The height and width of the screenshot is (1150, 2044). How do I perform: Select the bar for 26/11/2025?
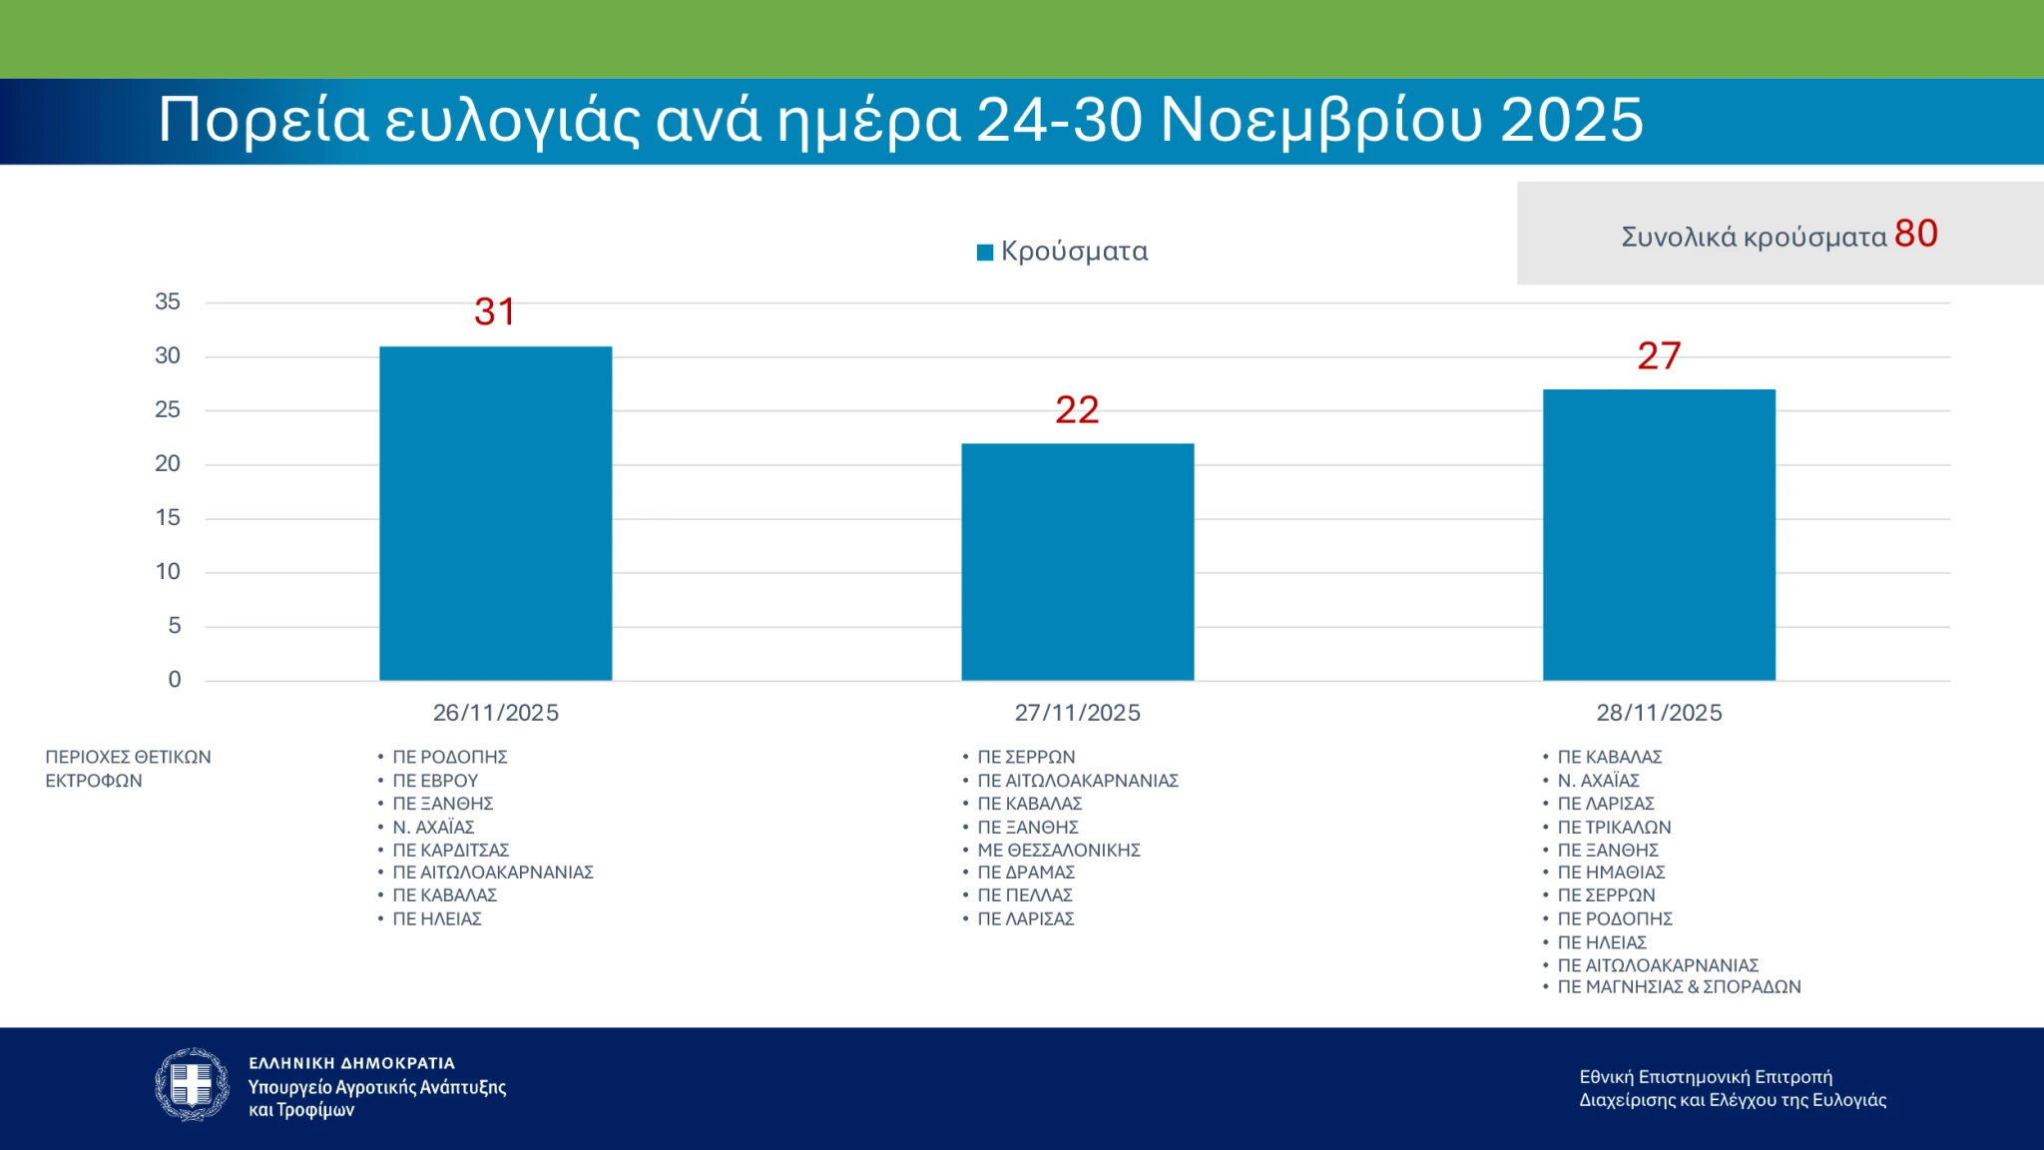point(495,513)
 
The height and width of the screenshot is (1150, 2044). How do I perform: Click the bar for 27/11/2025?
point(1077,562)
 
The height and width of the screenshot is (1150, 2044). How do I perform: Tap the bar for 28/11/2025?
point(1659,535)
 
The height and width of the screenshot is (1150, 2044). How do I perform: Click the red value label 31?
point(495,311)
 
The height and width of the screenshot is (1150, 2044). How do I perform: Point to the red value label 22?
point(1077,409)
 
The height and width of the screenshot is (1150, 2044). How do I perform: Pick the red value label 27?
point(1659,355)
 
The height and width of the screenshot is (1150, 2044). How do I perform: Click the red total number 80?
point(1915,234)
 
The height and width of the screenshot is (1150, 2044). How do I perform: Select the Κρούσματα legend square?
point(985,252)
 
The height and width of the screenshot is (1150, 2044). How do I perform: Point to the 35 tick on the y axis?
point(168,301)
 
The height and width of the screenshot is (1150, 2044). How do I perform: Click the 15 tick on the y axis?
point(168,517)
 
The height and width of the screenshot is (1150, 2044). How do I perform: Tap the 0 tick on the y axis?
point(175,679)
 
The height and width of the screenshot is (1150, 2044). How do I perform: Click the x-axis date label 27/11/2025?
point(1077,713)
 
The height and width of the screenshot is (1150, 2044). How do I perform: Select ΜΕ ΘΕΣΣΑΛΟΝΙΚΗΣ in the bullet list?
point(1058,850)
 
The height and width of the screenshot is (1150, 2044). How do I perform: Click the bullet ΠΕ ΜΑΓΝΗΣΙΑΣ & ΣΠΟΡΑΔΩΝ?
point(1679,986)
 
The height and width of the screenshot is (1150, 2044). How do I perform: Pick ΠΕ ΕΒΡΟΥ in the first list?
point(435,781)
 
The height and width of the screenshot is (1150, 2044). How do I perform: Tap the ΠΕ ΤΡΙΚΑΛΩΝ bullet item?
point(1614,827)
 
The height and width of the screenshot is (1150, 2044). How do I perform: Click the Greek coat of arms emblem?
point(192,1084)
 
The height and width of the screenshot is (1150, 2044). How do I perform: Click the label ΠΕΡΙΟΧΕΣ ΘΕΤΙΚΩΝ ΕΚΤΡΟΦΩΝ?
point(128,769)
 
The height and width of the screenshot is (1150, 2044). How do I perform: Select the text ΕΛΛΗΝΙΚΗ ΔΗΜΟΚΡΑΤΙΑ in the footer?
point(351,1063)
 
